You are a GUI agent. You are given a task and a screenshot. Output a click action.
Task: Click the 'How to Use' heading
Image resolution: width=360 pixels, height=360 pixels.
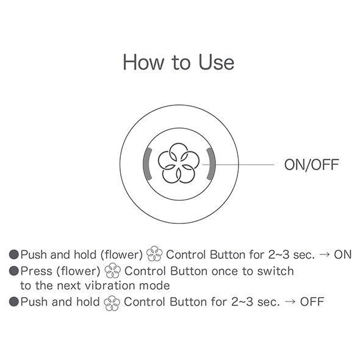click(179, 62)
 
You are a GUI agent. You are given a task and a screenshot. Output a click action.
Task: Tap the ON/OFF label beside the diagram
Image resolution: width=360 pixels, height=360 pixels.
click(312, 165)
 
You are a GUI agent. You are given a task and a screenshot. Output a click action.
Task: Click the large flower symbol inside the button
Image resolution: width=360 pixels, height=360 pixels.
click(179, 164)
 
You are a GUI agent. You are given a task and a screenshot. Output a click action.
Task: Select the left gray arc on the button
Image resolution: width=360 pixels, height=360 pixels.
click(146, 164)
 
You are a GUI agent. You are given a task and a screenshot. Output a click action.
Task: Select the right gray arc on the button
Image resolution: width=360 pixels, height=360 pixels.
click(212, 164)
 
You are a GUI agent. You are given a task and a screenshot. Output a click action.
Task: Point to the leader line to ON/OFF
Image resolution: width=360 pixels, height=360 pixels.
click(238, 165)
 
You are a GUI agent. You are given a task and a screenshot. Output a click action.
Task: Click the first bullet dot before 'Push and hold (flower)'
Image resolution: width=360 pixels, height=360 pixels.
click(14, 254)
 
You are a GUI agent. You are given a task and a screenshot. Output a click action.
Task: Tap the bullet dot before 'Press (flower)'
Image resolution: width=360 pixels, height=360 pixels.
click(14, 271)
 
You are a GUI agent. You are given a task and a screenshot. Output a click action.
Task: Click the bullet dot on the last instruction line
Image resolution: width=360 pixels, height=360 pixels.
click(14, 301)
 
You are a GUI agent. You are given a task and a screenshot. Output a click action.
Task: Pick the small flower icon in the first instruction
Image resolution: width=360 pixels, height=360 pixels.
click(154, 254)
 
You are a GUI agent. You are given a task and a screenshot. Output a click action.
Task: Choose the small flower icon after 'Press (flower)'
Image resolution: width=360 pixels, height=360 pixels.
click(112, 270)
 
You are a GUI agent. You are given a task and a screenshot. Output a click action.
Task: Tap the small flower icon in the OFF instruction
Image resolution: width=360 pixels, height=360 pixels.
click(112, 303)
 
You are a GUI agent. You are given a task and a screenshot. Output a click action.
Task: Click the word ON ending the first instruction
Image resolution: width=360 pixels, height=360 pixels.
click(343, 254)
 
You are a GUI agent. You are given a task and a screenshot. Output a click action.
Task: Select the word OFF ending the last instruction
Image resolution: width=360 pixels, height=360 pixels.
click(312, 301)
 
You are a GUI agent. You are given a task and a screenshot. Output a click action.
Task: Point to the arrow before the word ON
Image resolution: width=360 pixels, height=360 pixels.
click(325, 254)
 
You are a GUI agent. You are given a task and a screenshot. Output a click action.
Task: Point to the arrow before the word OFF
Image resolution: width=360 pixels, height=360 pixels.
click(290, 301)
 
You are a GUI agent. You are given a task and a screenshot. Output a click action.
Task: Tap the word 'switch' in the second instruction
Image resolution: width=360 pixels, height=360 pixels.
click(276, 271)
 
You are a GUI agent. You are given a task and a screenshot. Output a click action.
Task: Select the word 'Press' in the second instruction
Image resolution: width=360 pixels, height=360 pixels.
click(36, 271)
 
